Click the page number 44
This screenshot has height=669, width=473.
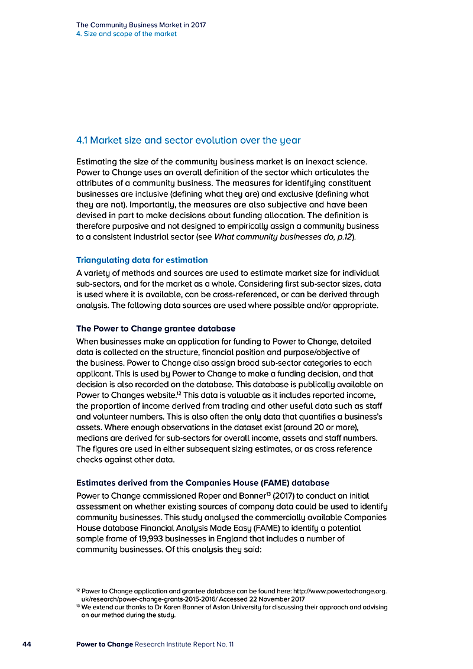tap(27, 644)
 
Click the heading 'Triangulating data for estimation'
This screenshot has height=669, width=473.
tap(142, 260)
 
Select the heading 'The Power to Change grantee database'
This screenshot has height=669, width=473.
tap(155, 329)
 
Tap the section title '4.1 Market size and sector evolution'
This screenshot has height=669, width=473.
tap(188, 141)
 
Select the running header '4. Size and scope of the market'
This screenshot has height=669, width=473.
tap(127, 34)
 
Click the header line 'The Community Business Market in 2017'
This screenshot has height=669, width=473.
tap(141, 25)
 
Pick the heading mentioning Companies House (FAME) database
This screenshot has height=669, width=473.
tap(203, 483)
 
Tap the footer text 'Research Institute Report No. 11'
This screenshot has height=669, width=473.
tap(184, 644)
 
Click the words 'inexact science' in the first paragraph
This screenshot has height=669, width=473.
tap(338, 161)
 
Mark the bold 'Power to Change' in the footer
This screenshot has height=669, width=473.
tap(105, 644)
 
